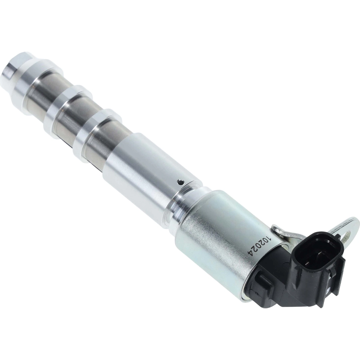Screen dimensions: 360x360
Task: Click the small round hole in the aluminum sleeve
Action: tap(181, 176)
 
